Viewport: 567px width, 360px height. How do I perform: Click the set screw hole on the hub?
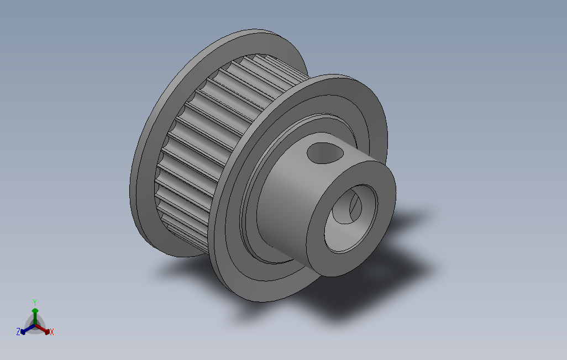tap(325, 153)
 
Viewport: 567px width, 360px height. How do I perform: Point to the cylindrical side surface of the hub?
tap(286, 203)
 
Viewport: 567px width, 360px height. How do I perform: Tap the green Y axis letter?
tap(35, 302)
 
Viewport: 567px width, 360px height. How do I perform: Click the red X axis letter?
tap(52, 332)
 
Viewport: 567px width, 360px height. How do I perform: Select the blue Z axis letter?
tap(18, 331)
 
